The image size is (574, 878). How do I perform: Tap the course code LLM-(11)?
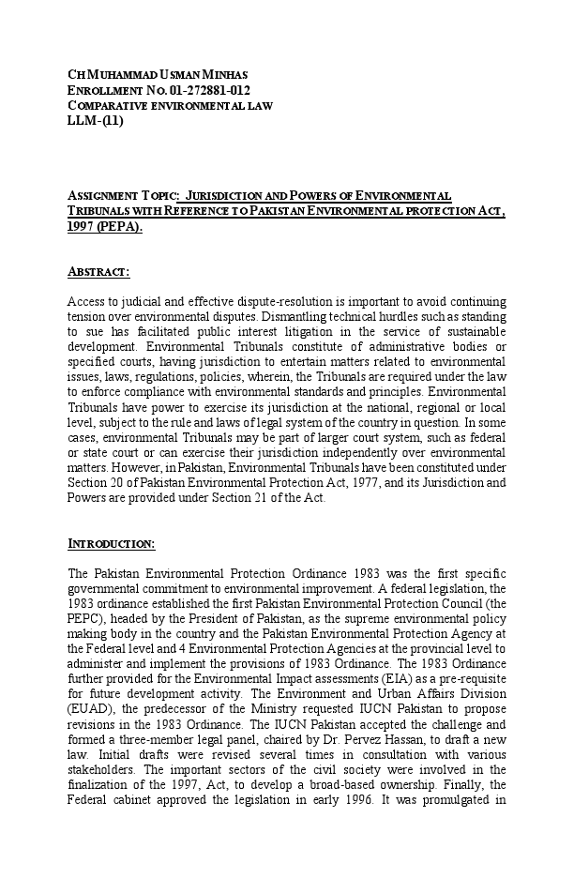tap(96, 120)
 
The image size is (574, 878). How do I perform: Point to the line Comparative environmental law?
tap(170, 105)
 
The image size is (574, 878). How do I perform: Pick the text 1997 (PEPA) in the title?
tap(105, 227)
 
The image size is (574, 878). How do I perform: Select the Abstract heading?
tap(98, 272)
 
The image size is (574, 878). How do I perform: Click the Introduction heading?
tap(112, 544)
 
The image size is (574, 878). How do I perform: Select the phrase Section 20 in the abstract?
tap(93, 483)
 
